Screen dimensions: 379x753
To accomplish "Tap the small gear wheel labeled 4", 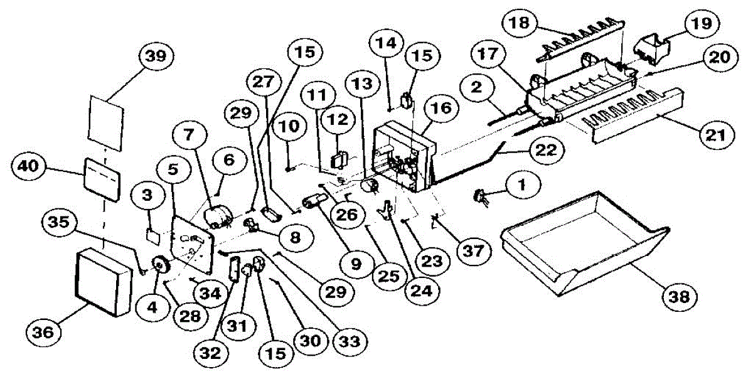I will click(x=162, y=267).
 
